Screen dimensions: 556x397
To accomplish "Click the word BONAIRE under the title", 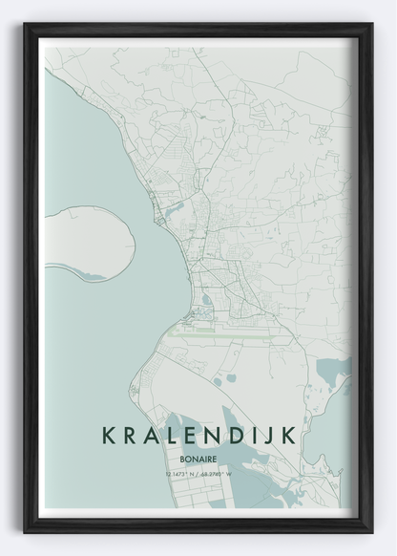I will click(x=198, y=459).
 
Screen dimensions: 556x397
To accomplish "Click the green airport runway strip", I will click(x=224, y=335).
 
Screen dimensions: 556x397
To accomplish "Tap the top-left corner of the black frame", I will click(x=27, y=27).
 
